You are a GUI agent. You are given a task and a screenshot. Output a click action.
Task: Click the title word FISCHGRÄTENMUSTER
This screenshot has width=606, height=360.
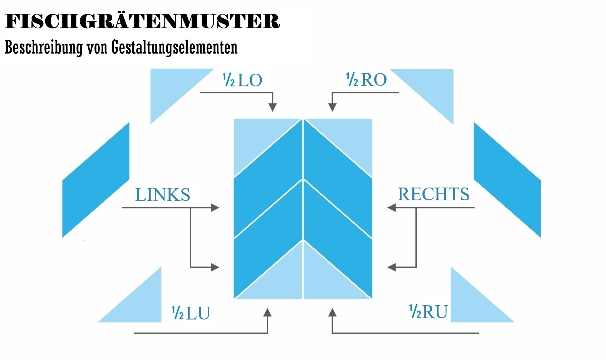coord(142,21)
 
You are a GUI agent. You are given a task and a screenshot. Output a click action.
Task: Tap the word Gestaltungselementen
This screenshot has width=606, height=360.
coord(174,47)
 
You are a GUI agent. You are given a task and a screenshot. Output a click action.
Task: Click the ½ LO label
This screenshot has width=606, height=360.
coord(242,80)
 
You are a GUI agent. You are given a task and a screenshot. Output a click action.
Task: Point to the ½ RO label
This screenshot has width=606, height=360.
coord(367,80)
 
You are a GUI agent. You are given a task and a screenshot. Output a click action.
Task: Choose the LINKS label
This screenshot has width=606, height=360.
coord(163,194)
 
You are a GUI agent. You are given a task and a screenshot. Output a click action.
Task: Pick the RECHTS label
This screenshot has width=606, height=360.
coord(433,194)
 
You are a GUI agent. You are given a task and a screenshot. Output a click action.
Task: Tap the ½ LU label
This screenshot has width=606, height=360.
coord(191,313)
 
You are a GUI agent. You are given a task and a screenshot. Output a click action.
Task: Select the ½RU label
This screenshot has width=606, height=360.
coord(428,311)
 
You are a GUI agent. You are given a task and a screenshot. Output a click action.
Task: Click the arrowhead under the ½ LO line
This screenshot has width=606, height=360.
coord(272,107)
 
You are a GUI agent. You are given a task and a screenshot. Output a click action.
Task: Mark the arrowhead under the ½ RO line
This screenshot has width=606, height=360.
coord(332,107)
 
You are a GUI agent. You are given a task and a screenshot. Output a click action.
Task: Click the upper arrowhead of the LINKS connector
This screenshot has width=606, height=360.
coord(215,208)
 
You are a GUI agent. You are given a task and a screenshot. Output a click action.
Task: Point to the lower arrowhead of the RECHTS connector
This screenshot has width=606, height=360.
coord(392,267)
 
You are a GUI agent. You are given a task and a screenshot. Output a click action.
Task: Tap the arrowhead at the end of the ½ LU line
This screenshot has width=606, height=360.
coord(268,313)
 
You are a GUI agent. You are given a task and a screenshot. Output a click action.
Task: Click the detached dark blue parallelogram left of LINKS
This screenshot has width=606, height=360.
coord(96,180)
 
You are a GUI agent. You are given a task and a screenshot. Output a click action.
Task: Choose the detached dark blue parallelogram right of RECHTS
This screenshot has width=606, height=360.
coord(507,180)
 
